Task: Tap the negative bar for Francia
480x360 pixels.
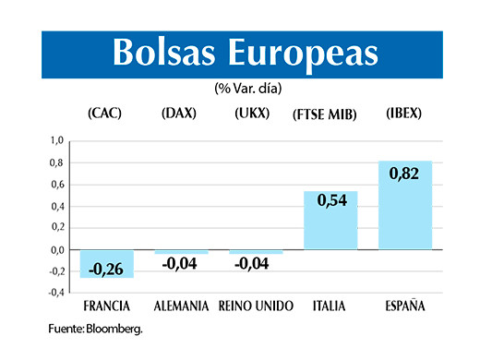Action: [x=106, y=263]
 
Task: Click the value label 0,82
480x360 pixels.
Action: [x=405, y=173]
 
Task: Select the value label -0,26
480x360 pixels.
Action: [x=106, y=270]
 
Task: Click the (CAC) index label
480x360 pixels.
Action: [x=105, y=114]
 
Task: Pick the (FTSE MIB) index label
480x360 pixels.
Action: [x=328, y=114]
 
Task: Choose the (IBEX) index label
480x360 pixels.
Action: [x=404, y=114]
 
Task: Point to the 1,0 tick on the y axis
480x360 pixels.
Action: [x=57, y=141]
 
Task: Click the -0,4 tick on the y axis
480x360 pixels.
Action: [x=55, y=293]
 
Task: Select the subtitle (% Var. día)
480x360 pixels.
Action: [x=247, y=90]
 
